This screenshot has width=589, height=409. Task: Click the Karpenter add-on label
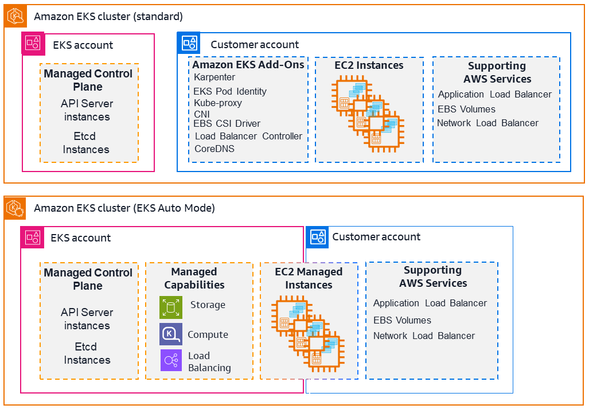pos(214,77)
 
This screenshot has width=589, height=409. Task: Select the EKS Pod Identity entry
pos(230,91)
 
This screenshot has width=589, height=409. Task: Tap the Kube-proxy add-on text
pos(218,103)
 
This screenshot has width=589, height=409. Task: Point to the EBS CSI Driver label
pos(227,123)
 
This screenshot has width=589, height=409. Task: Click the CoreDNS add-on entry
pos(214,149)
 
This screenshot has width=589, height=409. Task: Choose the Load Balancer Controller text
pos(248,136)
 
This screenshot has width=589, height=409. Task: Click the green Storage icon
pos(171,307)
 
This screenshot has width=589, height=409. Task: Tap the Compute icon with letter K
pos(171,334)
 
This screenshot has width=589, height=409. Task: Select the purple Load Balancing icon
pos(171,360)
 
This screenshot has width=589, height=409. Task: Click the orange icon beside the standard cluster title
pos(15,16)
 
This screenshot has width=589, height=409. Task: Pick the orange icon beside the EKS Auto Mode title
pos(15,208)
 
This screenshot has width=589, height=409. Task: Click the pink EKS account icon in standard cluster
pos(33,44)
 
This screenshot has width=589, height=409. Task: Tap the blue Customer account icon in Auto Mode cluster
pos(317,237)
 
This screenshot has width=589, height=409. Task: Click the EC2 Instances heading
pos(369,65)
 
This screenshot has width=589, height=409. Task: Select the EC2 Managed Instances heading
pos(309,278)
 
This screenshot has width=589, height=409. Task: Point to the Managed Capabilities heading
pos(194,278)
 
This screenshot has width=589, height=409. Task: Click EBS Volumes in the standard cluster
pos(466,109)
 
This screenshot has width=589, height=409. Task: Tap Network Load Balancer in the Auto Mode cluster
pos(424,336)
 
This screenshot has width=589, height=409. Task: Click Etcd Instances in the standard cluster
pos(85,143)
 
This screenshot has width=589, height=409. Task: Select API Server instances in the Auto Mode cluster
pos(87,319)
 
